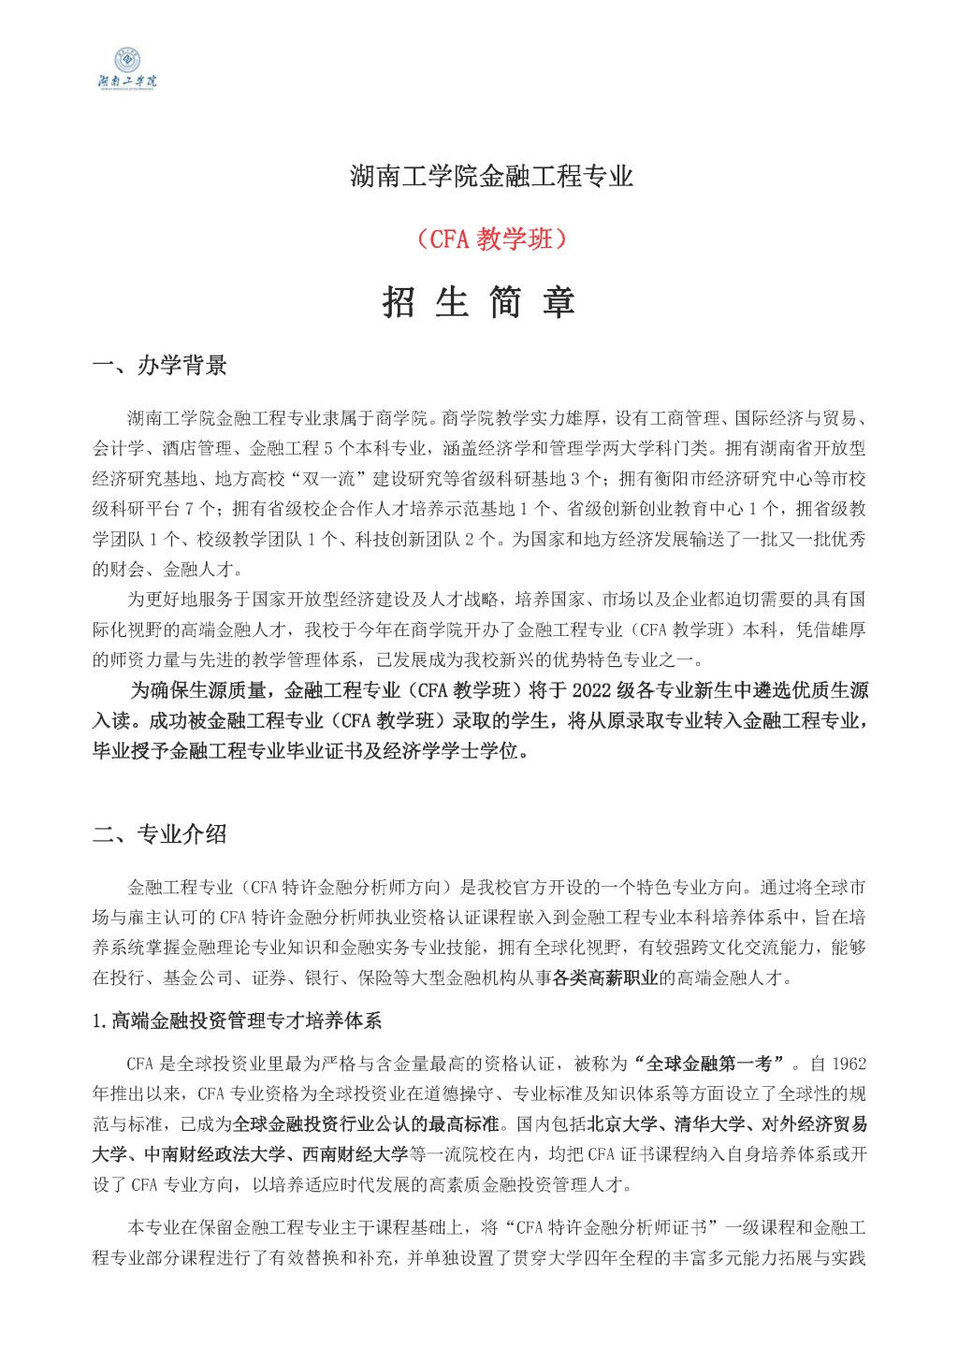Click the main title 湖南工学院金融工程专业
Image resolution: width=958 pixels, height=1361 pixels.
[x=478, y=176]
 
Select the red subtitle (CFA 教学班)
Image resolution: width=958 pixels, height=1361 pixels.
[x=478, y=239]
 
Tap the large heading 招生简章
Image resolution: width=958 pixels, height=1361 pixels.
[x=478, y=302]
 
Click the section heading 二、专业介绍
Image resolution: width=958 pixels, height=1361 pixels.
[x=160, y=834]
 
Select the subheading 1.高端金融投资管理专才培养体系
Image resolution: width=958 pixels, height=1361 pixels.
[x=239, y=1021]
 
